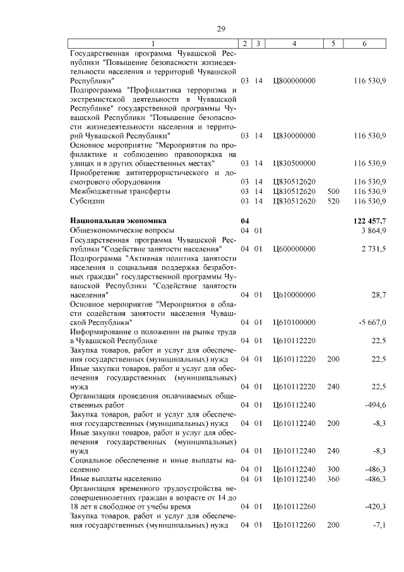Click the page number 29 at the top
pyautogui.click(x=221, y=28)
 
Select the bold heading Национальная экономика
pyautogui.click(x=118, y=221)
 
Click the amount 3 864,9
pyautogui.click(x=373, y=231)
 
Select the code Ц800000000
pyautogui.click(x=294, y=82)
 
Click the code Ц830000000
pyautogui.click(x=294, y=136)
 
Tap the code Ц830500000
pyautogui.click(x=294, y=163)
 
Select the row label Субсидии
pyautogui.click(x=87, y=201)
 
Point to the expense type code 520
pyautogui.click(x=333, y=201)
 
